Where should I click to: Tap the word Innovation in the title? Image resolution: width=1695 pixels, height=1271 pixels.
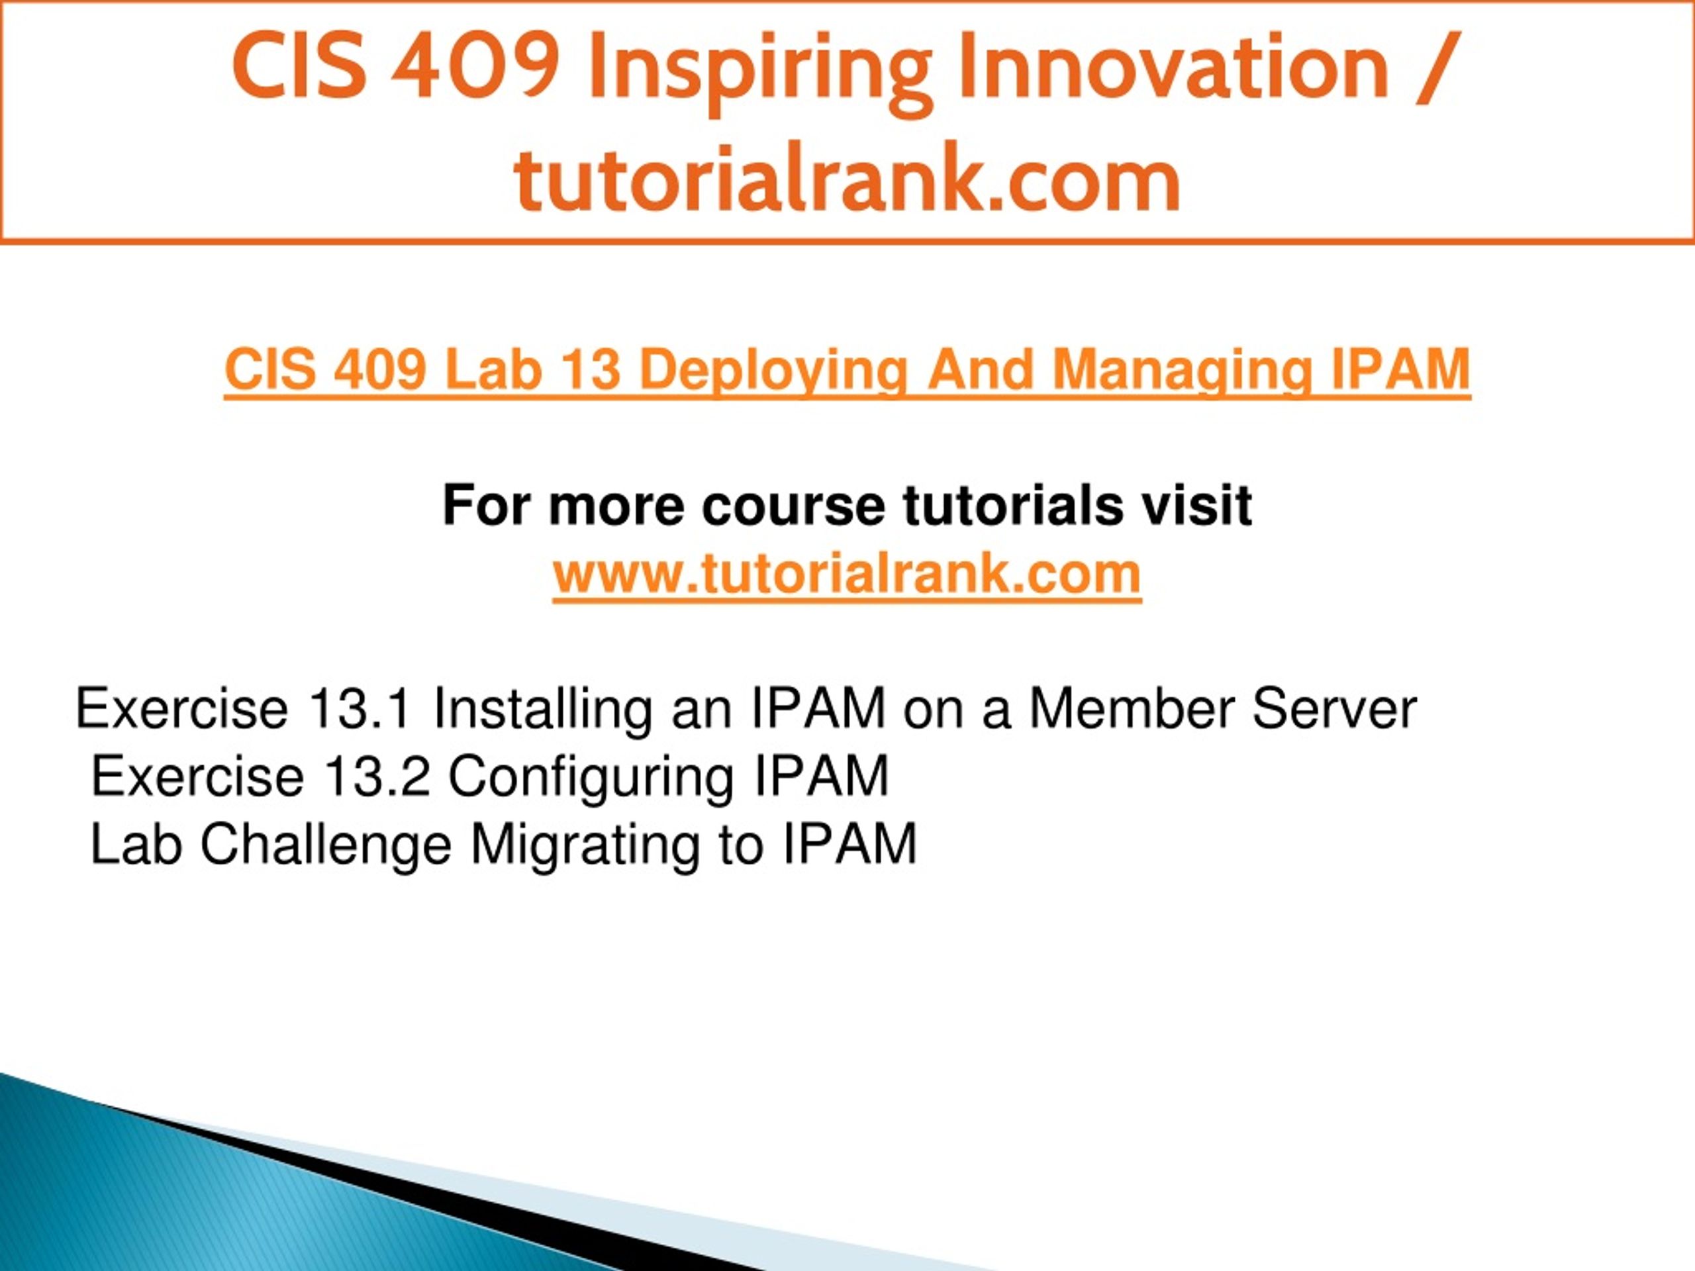pyautogui.click(x=1173, y=67)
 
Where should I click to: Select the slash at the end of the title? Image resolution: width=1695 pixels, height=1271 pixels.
pyautogui.click(x=1436, y=68)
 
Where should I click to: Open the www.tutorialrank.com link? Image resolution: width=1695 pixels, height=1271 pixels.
pyautogui.click(x=847, y=574)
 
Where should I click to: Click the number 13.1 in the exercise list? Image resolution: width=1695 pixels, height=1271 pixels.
pyautogui.click(x=360, y=709)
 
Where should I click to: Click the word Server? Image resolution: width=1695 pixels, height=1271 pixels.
pyautogui.click(x=1334, y=709)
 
